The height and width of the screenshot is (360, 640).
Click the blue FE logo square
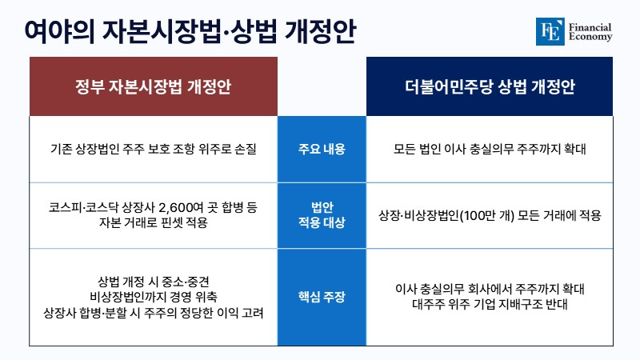coord(550,31)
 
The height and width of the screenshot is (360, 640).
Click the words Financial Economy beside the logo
coord(590,32)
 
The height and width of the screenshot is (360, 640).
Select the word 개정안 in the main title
coord(320,31)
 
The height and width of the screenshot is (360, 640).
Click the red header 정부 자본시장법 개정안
coord(154,86)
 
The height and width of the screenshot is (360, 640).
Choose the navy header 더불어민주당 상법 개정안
coord(490,86)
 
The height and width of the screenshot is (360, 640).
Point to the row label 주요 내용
coord(322,149)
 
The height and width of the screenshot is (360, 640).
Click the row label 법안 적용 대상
coord(322,214)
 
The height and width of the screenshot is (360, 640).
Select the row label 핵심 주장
coord(322,297)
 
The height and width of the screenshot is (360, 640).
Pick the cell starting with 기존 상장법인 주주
coord(154,149)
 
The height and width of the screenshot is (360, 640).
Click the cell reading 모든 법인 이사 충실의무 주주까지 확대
coord(490,149)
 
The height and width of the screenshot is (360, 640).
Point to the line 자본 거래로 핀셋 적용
coord(154,222)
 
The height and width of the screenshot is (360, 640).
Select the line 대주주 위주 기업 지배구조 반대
coord(490,304)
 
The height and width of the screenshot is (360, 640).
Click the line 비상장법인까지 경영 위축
coord(154,297)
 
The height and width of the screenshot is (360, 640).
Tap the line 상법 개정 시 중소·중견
coord(154,282)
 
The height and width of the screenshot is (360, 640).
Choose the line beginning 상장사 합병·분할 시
coord(154,313)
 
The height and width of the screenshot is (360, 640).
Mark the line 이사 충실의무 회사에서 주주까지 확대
coord(490,289)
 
